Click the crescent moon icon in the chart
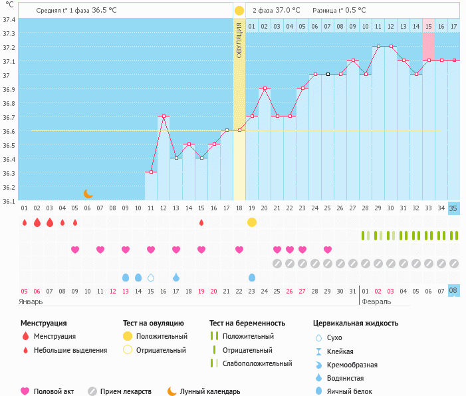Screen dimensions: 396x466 [x=88, y=194]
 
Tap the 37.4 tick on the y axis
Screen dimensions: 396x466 [x=9, y=19]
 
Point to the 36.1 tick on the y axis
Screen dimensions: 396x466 [x=9, y=200]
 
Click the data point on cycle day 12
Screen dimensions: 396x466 [x=164, y=116]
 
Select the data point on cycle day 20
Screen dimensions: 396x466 [x=265, y=88]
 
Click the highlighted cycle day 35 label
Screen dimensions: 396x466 [x=453, y=208]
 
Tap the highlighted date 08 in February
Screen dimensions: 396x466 [x=453, y=291]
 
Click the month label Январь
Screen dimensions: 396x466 [x=31, y=301]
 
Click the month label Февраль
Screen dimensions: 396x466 [x=377, y=301]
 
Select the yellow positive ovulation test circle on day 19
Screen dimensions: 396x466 [x=252, y=222]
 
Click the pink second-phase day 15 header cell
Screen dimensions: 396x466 [x=428, y=26]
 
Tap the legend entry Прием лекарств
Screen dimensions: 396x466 [x=126, y=392]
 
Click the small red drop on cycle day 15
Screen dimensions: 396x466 [x=201, y=222]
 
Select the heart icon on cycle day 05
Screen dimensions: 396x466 [x=75, y=250]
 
